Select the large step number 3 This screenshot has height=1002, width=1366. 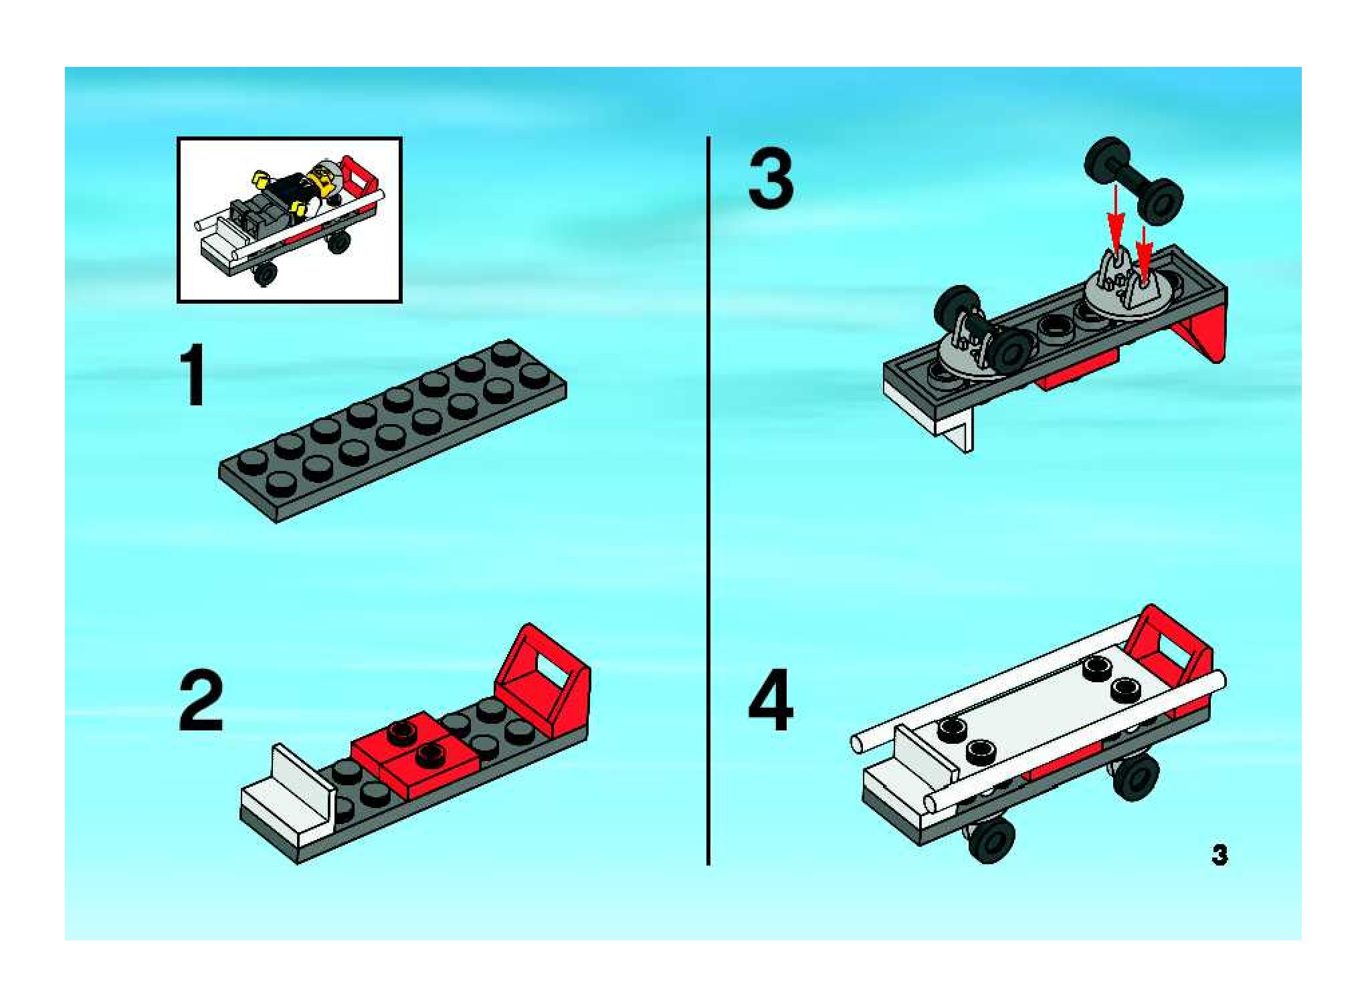(x=771, y=179)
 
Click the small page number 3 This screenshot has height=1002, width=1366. (x=1219, y=855)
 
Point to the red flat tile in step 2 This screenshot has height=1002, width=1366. (x=415, y=753)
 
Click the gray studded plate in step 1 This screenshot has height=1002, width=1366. (x=393, y=431)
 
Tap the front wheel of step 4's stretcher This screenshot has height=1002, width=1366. (x=991, y=839)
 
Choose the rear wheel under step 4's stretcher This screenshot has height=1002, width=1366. (x=1135, y=777)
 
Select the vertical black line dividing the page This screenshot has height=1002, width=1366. (x=708, y=502)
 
